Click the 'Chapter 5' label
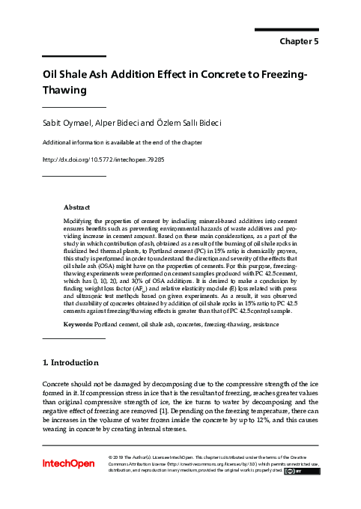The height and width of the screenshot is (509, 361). pyautogui.click(x=299, y=42)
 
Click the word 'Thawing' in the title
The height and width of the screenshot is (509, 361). pyautogui.click(x=65, y=90)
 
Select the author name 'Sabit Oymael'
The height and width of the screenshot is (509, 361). pyautogui.click(x=67, y=122)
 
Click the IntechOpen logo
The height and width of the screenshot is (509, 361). pyautogui.click(x=69, y=464)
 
